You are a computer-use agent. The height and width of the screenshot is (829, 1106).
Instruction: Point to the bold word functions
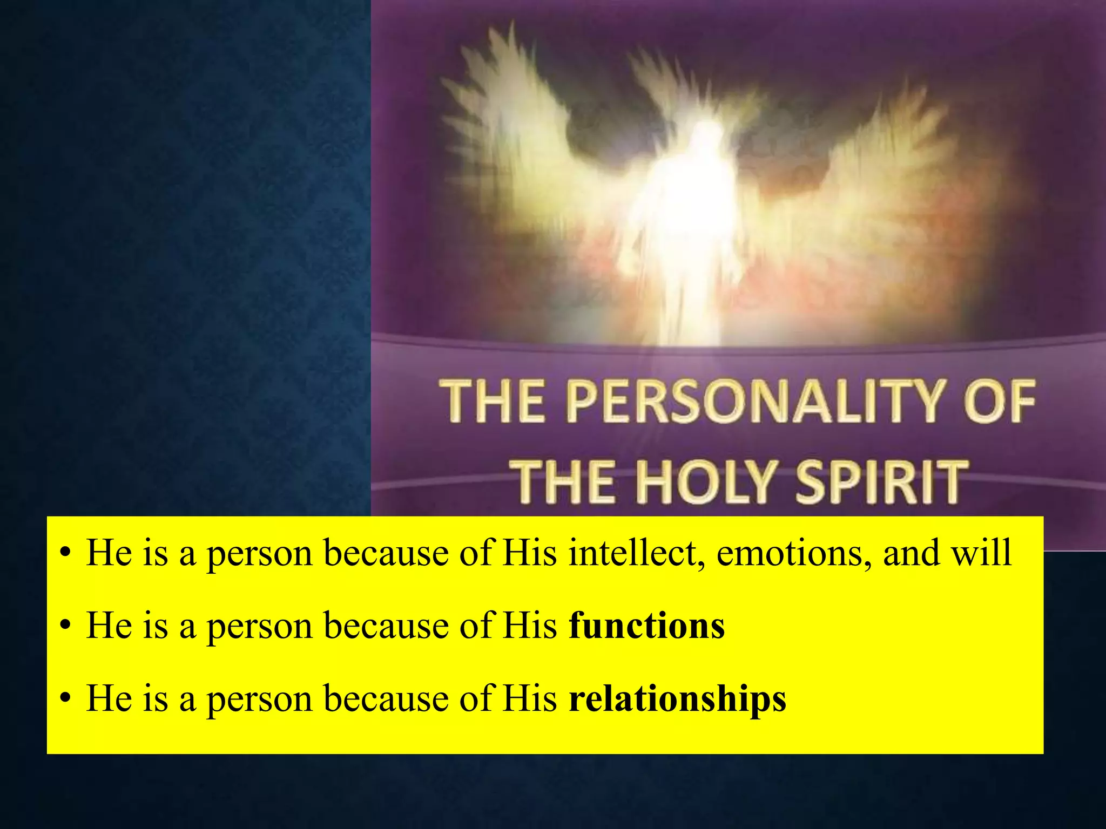click(647, 626)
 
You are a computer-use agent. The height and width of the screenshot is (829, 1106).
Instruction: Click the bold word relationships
click(678, 699)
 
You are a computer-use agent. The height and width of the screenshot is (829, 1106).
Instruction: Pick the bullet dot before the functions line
click(65, 627)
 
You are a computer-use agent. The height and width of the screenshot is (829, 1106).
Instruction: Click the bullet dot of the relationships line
click(65, 699)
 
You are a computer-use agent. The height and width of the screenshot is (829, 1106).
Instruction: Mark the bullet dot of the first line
click(65, 554)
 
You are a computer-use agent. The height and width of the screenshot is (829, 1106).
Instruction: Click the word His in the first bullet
click(529, 553)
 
